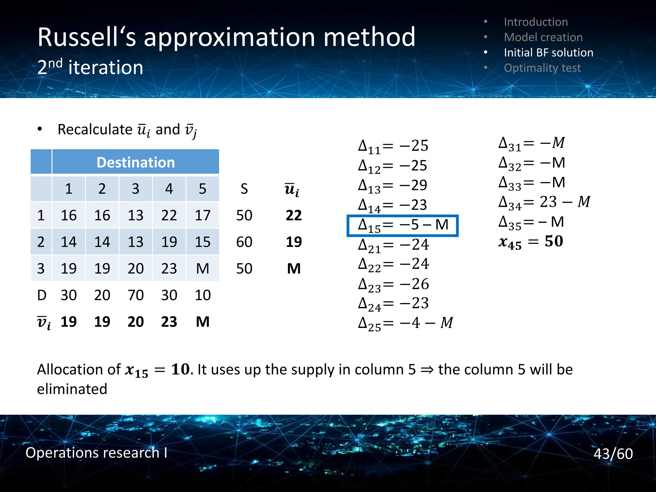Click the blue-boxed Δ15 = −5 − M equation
[403, 225]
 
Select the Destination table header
[135, 162]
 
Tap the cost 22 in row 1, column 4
[169, 215]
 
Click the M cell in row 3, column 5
[202, 268]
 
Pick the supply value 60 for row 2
[244, 242]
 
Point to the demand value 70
[135, 295]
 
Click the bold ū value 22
[293, 215]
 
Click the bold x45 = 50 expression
[530, 242]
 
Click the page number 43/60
[613, 454]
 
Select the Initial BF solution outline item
[548, 53]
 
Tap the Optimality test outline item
[542, 68]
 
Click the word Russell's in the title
[87, 37]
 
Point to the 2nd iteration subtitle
[90, 67]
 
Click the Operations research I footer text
[96, 453]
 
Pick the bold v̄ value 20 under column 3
[135, 322]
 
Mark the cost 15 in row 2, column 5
[202, 242]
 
